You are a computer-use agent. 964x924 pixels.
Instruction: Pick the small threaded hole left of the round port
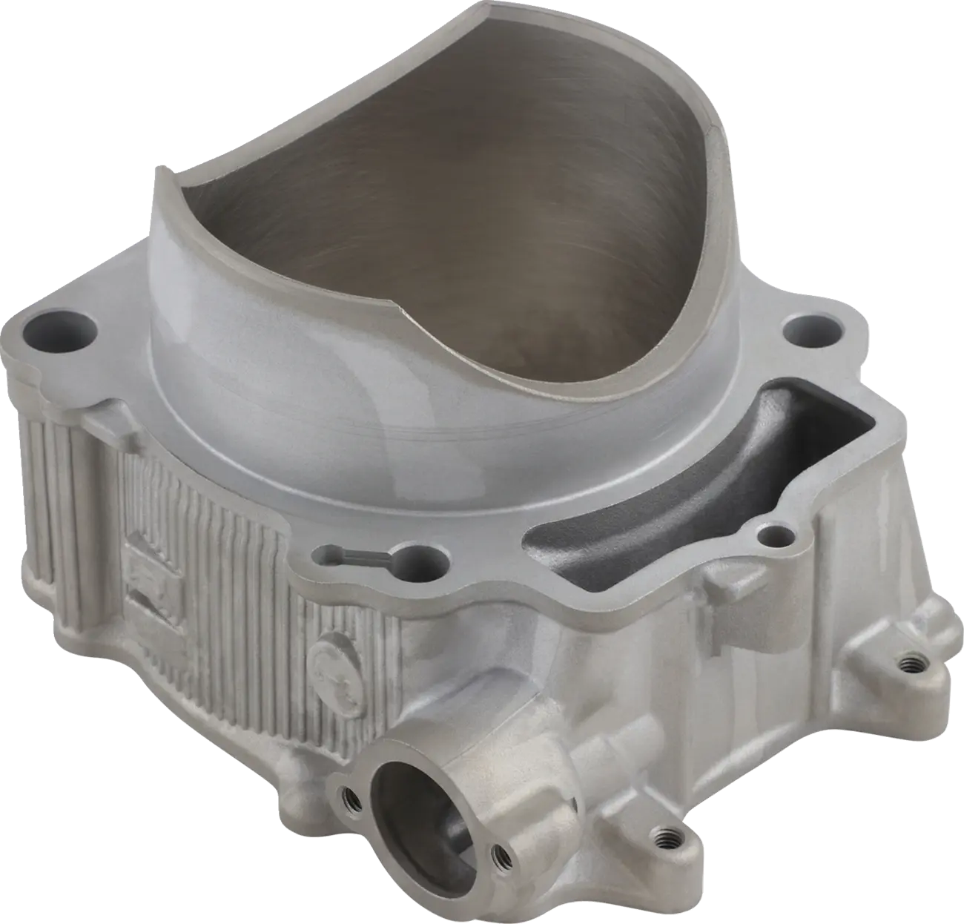coord(348,798)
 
